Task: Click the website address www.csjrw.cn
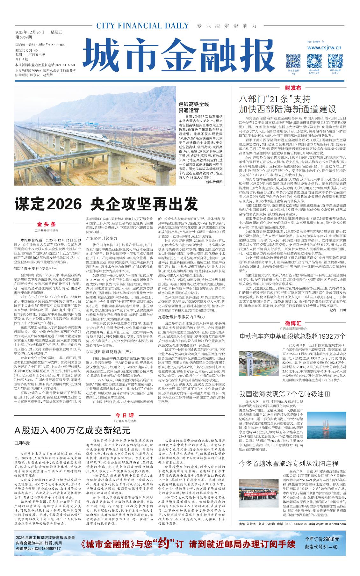[x=324, y=47]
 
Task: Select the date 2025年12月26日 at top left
[x=30, y=32]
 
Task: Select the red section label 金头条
[x=46, y=224]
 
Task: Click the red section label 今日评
[x=125, y=415]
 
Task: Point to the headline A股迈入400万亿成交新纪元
[x=73, y=430]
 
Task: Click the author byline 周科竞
[x=22, y=443]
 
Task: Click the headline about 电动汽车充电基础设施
[x=292, y=336]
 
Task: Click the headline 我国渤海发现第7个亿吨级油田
[x=284, y=394]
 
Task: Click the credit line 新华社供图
[x=214, y=182]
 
